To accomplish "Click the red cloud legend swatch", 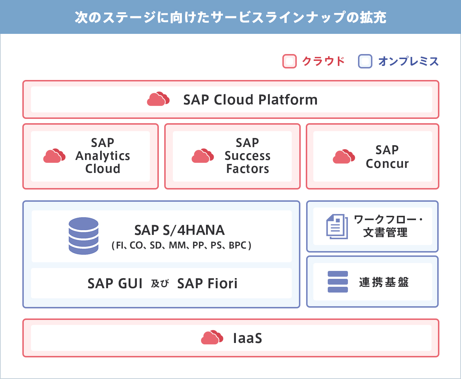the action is [x=290, y=61].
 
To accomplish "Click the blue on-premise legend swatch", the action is [x=365, y=61].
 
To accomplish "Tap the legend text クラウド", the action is [x=323, y=61].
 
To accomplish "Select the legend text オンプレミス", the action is [x=408, y=61].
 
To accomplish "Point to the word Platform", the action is [x=288, y=100].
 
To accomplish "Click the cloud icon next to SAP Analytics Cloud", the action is [x=54, y=156].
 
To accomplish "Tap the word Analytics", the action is [x=103, y=156].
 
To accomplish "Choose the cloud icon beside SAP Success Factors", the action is [x=203, y=156].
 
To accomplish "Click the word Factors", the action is [x=248, y=169].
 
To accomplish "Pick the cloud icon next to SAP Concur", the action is [x=344, y=156].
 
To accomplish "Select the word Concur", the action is [x=387, y=164].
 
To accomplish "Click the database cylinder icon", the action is [x=84, y=236].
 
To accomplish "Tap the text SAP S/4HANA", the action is [x=179, y=230].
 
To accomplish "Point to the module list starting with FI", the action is [x=182, y=245].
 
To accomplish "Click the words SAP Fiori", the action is [x=207, y=284].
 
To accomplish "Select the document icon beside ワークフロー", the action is [x=337, y=227].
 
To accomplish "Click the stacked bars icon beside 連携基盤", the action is [x=338, y=282].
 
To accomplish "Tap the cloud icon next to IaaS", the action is [x=212, y=337].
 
